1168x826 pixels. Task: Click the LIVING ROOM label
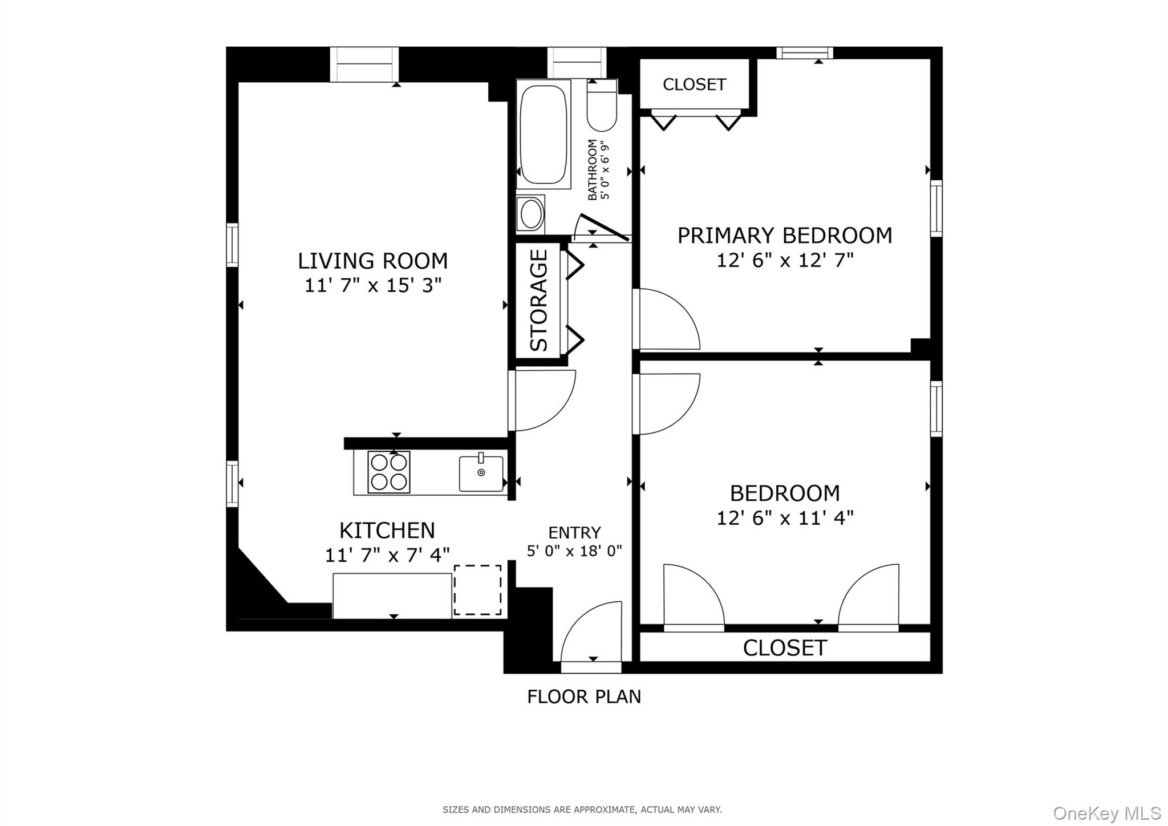click(x=372, y=261)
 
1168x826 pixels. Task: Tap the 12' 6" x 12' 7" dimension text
click(x=785, y=261)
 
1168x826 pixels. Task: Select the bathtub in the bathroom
click(x=543, y=135)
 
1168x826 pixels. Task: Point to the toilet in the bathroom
click(x=602, y=108)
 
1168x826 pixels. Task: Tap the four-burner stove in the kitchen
click(x=389, y=472)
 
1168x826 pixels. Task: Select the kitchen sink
click(x=481, y=473)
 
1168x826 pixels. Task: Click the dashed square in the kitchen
click(x=477, y=590)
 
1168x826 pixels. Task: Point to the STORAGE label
click(x=539, y=300)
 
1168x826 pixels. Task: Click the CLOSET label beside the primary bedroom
click(x=694, y=84)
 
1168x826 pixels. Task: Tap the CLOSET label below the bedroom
click(x=785, y=648)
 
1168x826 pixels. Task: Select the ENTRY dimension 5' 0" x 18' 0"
click(x=574, y=551)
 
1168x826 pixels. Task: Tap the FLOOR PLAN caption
click(x=584, y=697)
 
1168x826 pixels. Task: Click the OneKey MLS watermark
click(x=1107, y=813)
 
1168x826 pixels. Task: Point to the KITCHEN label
click(x=387, y=531)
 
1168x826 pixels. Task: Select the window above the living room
click(x=364, y=64)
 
